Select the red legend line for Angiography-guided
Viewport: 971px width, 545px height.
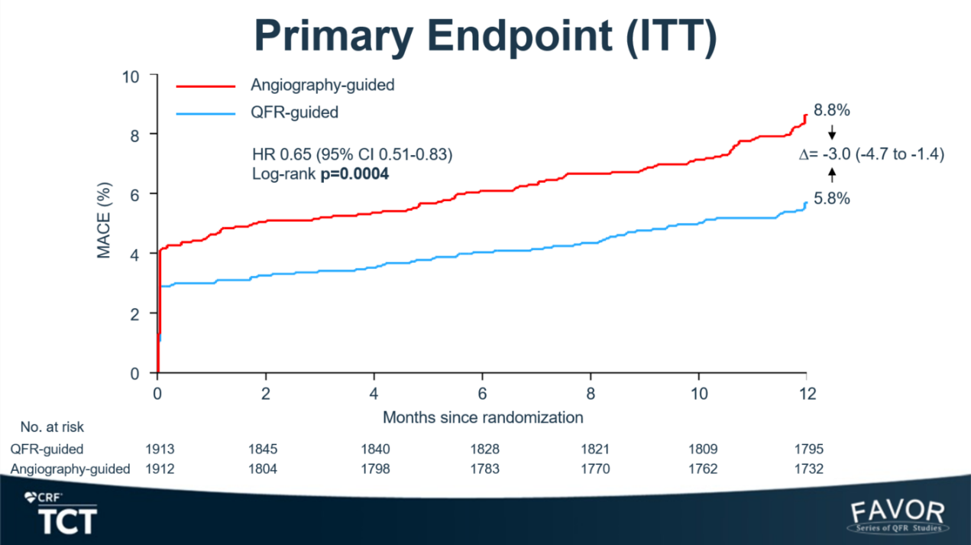click(206, 86)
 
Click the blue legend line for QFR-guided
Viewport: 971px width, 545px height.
click(206, 114)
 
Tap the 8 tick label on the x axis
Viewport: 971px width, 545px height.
click(591, 394)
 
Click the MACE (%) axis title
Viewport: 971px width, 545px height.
click(104, 220)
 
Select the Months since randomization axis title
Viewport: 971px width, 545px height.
click(483, 417)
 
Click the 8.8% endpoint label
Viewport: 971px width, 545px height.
click(831, 110)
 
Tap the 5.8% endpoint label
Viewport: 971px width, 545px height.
click(831, 199)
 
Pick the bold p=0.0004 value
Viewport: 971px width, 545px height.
click(354, 174)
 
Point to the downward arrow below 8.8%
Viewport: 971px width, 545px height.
click(832, 132)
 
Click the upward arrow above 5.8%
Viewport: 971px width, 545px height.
click(832, 175)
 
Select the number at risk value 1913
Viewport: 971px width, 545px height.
click(160, 449)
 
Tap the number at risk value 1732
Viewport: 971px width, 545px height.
click(808, 469)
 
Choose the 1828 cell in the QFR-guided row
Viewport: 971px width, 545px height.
click(484, 449)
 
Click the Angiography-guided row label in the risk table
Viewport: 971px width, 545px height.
click(70, 469)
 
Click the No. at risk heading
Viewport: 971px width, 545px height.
click(52, 427)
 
